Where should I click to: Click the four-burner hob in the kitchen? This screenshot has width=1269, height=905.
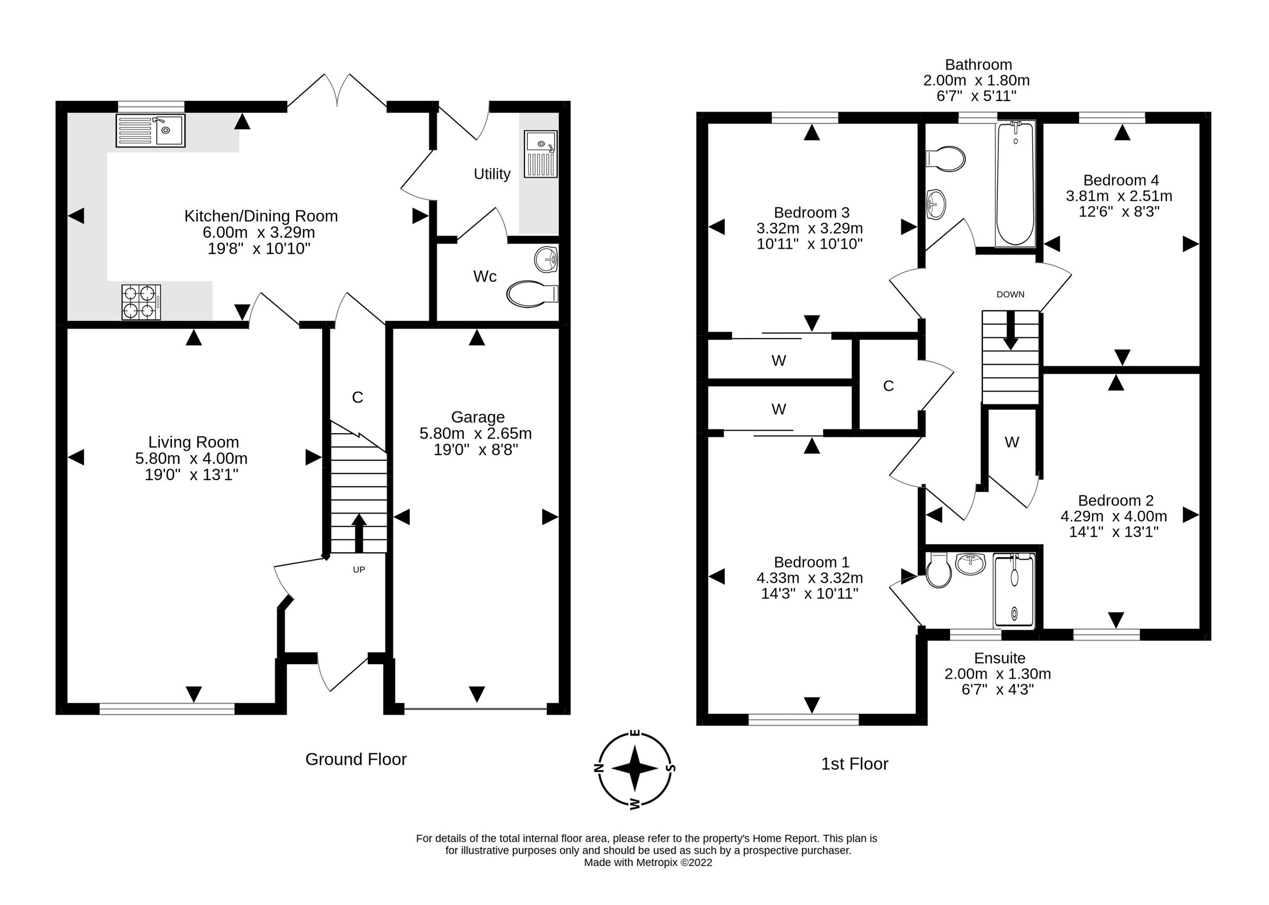tap(141, 302)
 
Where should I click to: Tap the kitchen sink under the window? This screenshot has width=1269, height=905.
tap(150, 131)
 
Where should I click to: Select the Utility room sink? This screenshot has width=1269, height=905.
tap(540, 154)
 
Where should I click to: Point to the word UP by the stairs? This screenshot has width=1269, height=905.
tap(358, 570)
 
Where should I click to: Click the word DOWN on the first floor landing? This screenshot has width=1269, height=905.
tap(1010, 294)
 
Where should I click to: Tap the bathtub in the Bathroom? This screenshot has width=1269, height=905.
tap(1015, 184)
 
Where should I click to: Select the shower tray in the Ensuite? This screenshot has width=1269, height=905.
tap(1014, 591)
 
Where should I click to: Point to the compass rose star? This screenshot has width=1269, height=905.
tap(635, 768)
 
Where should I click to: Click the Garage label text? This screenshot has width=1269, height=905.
tap(477, 417)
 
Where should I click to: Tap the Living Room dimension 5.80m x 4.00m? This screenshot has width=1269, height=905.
tap(191, 459)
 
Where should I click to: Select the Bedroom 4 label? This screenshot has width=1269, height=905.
tap(1120, 180)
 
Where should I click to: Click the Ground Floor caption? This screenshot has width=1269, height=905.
tap(355, 759)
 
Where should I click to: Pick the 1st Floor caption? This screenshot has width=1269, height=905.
tap(854, 763)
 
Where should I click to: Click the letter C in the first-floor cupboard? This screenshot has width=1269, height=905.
tap(888, 386)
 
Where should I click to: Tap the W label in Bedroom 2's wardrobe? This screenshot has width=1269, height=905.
tap(1011, 442)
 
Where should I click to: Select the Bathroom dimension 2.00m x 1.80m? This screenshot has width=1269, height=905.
tap(976, 80)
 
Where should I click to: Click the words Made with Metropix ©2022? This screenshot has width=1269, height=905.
tap(647, 863)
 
